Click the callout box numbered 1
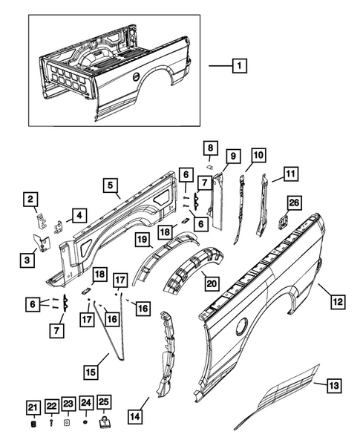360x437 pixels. (x=239, y=65)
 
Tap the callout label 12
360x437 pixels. (x=338, y=301)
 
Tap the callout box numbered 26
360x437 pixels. (x=293, y=202)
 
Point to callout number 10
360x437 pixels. (x=258, y=155)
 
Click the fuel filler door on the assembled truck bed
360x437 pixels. (x=136, y=76)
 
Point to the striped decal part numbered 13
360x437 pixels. (x=282, y=397)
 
